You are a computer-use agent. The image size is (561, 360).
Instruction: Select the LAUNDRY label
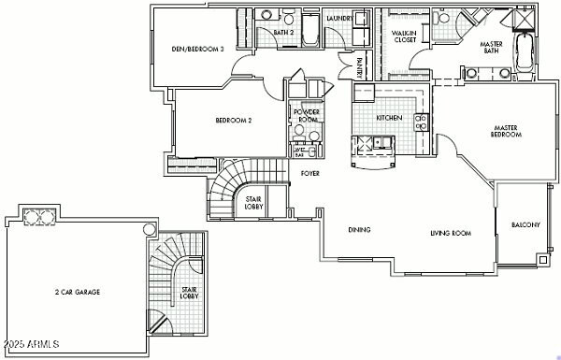click(338, 17)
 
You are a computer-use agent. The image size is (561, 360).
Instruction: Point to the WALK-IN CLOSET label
click(404, 36)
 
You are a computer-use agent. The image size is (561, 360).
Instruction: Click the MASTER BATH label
click(491, 48)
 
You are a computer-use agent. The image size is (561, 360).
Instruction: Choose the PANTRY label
click(360, 67)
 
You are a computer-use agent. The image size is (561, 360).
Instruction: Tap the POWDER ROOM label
click(308, 115)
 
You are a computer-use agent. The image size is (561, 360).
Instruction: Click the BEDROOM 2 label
click(234, 120)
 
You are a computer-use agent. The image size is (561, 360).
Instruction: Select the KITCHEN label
click(389, 118)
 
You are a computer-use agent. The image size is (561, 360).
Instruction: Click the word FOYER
click(310, 173)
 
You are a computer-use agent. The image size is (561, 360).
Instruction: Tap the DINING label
click(359, 230)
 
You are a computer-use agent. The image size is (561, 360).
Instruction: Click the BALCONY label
click(525, 225)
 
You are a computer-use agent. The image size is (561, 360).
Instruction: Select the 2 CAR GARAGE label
click(78, 292)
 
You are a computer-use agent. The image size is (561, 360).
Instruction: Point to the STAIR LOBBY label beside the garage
click(189, 294)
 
